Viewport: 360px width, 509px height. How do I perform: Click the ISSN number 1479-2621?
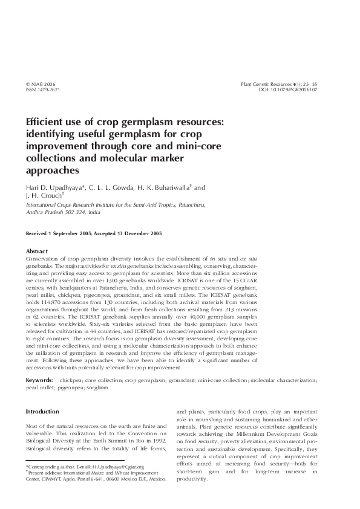pyautogui.click(x=45, y=89)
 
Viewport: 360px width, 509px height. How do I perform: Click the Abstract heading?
pyautogui.click(x=36, y=251)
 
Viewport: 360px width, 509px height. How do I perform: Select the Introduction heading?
pyautogui.click(x=42, y=411)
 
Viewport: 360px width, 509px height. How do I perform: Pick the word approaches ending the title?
pyautogui.click(x=52, y=170)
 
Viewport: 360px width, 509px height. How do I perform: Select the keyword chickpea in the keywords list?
pyautogui.click(x=70, y=380)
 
